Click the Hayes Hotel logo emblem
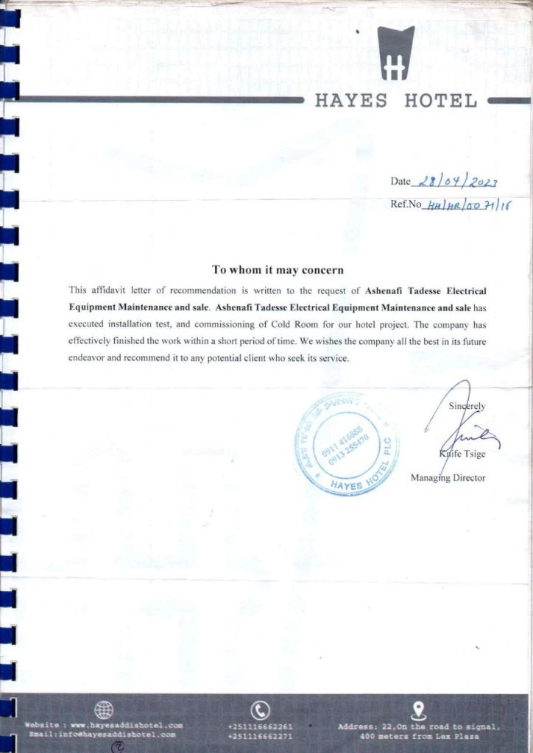coord(396,53)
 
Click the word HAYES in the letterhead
coord(351,101)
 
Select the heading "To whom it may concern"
coord(278,270)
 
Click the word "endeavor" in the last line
coord(88,359)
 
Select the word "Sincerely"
coord(467,406)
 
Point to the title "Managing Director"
coord(448,478)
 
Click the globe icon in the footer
coord(105,710)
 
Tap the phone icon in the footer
coord(260,710)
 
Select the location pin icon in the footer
coord(419,710)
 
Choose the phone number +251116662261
coord(260,726)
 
